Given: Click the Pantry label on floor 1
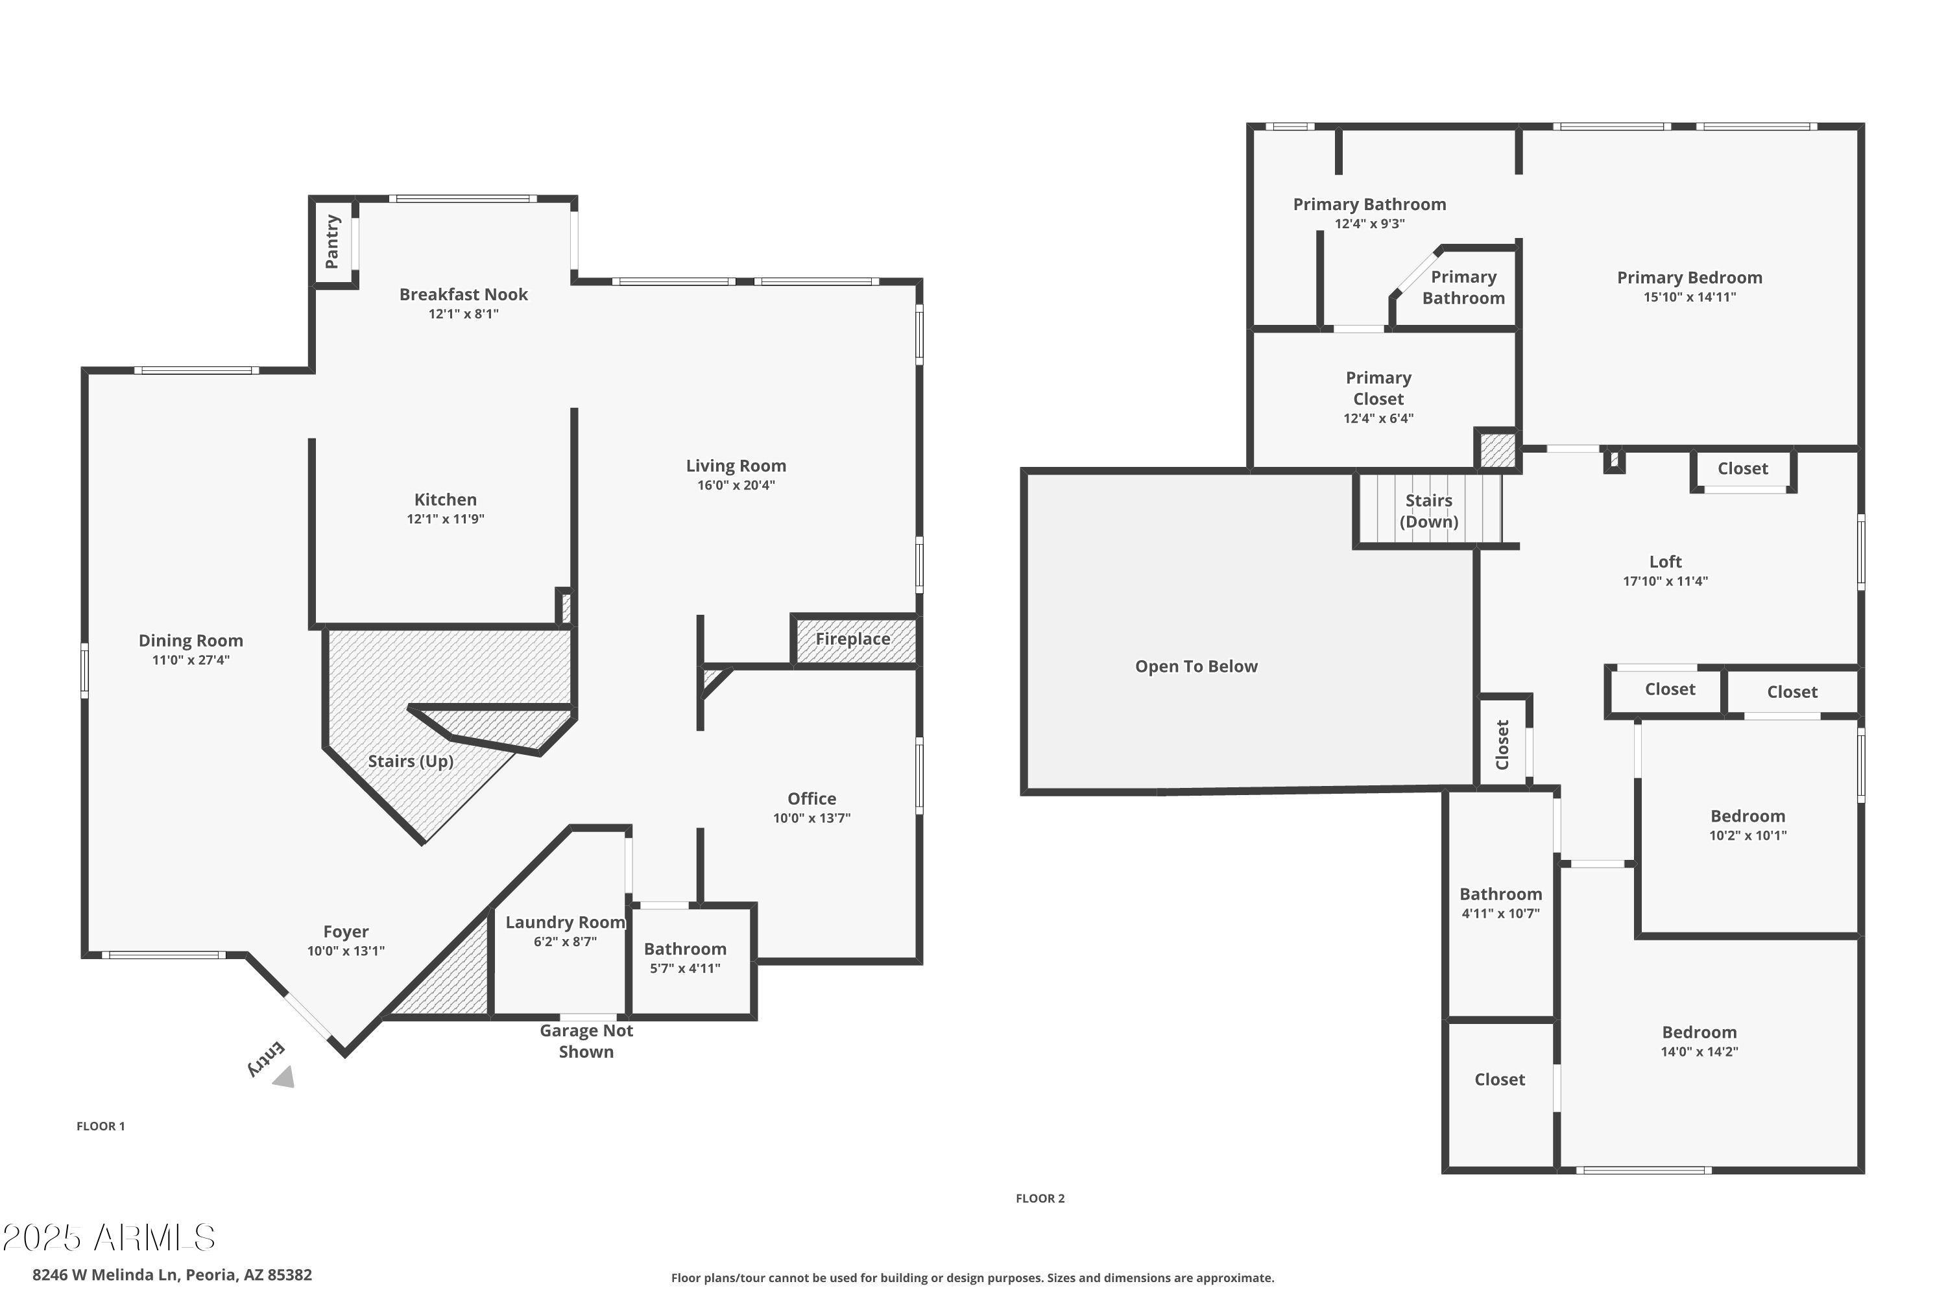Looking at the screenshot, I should coord(331,241).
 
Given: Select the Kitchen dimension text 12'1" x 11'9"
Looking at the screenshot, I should coord(445,519).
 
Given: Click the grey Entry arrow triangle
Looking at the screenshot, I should coord(285,1077).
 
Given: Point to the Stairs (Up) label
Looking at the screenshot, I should coord(411,761).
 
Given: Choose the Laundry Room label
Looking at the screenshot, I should coord(565,922).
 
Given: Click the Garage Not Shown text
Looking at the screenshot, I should coord(586,1041).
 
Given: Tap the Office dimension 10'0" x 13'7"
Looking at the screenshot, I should coord(811,818).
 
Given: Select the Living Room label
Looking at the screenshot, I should coord(736,466).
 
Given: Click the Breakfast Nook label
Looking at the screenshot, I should coord(463,294).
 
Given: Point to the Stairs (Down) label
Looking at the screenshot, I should coord(1428,511).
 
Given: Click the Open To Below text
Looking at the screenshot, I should coord(1195,667).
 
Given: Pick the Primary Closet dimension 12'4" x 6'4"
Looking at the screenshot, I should coord(1378,418).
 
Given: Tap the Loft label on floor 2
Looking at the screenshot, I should coord(1664,562).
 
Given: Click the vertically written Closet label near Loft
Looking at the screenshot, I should coord(1502,744).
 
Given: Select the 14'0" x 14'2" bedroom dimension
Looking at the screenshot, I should coord(1699,1052).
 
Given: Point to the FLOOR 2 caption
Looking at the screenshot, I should coord(1039,1198).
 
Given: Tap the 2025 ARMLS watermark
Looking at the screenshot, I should coord(109,1238).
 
